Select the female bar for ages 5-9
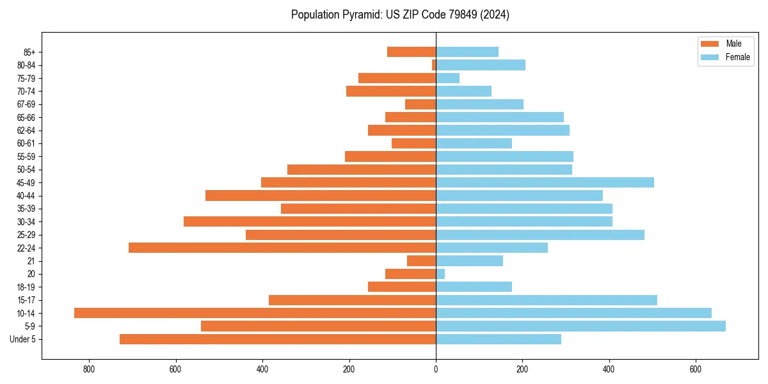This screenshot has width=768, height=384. point(580,326)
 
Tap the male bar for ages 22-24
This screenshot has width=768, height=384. point(282,248)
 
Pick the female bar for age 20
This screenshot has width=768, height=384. point(440,274)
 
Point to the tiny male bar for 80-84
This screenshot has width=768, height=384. point(434,65)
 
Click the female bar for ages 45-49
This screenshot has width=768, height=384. point(545,182)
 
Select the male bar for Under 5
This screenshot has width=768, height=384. point(278,339)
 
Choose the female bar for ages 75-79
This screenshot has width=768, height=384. point(447,78)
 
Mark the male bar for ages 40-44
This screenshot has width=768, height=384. point(321,195)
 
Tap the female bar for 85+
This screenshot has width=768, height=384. point(467,52)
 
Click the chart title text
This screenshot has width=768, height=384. point(400,15)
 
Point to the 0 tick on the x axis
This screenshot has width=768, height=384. point(436,369)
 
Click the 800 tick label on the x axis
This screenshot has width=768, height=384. point(89,369)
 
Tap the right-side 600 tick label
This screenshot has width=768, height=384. point(696,369)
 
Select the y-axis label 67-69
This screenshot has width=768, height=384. point(26,104)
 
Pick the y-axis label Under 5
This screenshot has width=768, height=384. point(23,339)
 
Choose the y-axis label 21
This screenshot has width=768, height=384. point(31,261)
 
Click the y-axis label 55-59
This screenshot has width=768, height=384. point(26,156)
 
